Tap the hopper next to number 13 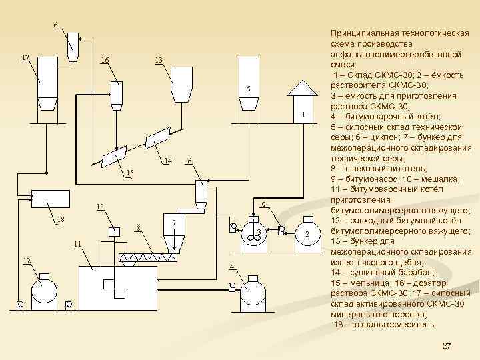(181, 83)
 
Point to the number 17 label (25, 57)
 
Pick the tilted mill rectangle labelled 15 (113, 158)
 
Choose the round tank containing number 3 (254, 231)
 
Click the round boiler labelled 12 (44, 289)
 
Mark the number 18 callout (61, 219)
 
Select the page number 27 (447, 345)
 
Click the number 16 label (105, 61)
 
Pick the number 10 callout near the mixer (99, 207)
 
